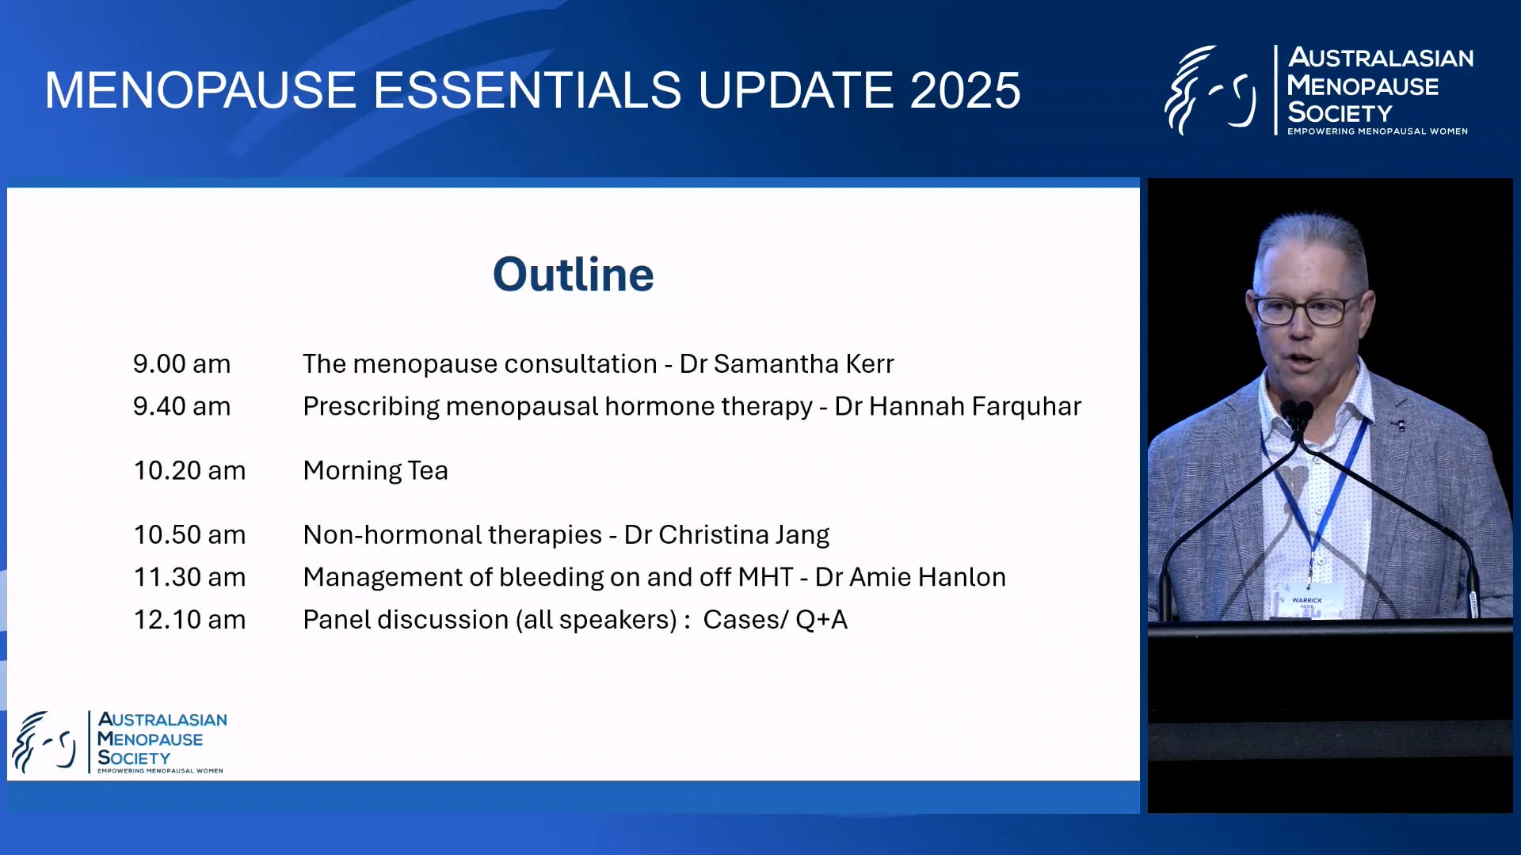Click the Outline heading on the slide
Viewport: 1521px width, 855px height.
[573, 275]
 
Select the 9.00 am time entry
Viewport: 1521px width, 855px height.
[181, 364]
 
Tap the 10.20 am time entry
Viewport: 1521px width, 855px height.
[189, 471]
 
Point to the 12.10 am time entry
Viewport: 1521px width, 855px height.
[189, 620]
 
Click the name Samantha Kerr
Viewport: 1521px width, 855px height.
[803, 364]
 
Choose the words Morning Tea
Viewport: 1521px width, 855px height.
[375, 471]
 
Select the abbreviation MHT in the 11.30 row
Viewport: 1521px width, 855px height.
[765, 577]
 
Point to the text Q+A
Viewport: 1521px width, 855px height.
[821, 620]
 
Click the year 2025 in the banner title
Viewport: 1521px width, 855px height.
[965, 90]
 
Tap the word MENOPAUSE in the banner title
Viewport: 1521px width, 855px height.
[200, 90]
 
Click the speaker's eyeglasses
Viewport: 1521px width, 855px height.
[1307, 310]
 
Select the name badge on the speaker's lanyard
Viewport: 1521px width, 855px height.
[1307, 600]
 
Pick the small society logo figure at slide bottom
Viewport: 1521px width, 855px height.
[44, 742]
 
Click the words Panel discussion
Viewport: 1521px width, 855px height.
[406, 620]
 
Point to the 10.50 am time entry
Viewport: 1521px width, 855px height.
[189, 535]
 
